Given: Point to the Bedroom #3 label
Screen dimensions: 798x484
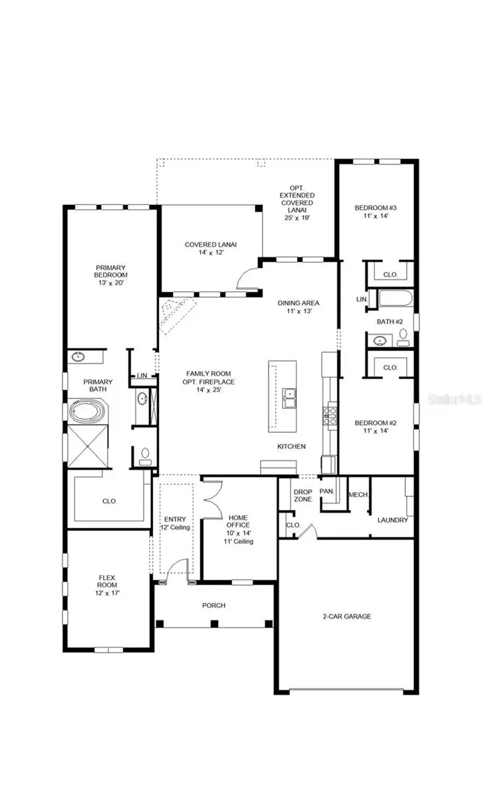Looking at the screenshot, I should [376, 211].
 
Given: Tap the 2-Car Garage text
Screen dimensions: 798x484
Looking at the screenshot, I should [348, 616].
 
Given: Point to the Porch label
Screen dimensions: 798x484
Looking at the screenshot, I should [214, 606].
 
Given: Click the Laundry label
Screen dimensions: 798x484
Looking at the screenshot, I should [392, 520].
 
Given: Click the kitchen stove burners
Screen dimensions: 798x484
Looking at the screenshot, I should [330, 416].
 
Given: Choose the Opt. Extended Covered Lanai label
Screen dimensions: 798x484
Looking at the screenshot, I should [297, 202].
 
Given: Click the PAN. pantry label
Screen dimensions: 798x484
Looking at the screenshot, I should [326, 492].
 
